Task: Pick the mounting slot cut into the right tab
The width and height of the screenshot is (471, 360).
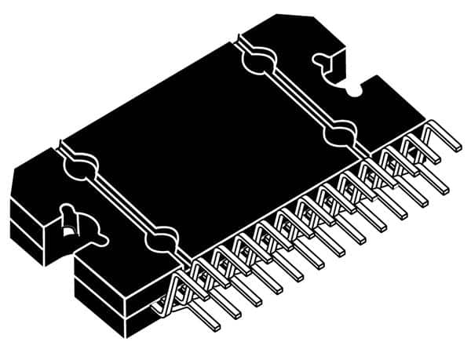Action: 323,62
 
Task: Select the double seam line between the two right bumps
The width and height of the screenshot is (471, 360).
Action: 298,97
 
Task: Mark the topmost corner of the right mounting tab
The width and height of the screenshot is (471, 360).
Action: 279,13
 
